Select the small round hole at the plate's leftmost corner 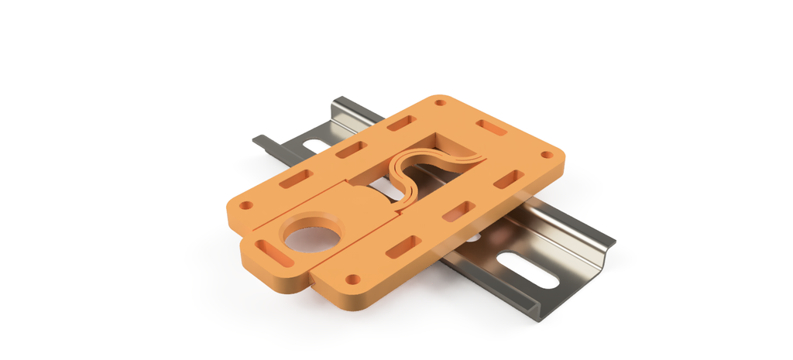(246, 206)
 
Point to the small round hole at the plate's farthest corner (440, 102)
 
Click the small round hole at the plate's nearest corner (352, 279)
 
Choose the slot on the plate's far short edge (491, 127)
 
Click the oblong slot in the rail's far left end (314, 145)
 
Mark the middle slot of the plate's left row (351, 149)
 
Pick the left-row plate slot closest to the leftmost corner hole (296, 180)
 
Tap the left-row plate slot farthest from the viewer (401, 123)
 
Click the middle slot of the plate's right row (459, 210)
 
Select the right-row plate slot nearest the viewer (403, 246)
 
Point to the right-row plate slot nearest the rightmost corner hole (506, 180)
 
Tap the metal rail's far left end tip (259, 139)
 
